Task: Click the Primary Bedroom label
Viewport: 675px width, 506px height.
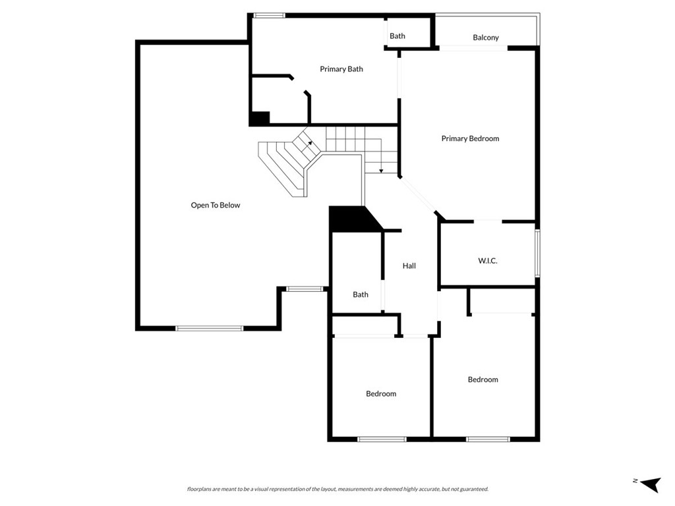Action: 470,138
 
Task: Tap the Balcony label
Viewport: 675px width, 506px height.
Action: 486,38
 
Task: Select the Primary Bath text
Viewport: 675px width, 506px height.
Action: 341,69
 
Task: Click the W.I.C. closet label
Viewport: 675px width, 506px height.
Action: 488,261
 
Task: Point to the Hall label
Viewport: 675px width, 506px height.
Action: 409,266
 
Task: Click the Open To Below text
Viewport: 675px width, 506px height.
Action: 216,205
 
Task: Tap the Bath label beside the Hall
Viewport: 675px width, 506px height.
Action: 361,295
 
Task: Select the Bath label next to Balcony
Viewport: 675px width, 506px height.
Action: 397,36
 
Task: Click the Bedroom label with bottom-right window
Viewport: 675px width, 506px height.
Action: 483,379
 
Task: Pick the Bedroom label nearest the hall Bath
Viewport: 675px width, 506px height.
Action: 381,393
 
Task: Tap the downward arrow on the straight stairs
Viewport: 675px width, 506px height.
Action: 381,170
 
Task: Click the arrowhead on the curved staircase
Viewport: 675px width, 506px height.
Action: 310,142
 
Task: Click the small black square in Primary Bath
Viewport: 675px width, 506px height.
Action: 259,119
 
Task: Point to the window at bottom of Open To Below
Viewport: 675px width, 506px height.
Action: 210,327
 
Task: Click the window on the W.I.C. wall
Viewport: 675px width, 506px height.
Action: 537,253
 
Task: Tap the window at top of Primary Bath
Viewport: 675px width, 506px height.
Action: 269,15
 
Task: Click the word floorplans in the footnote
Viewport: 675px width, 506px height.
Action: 200,489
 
